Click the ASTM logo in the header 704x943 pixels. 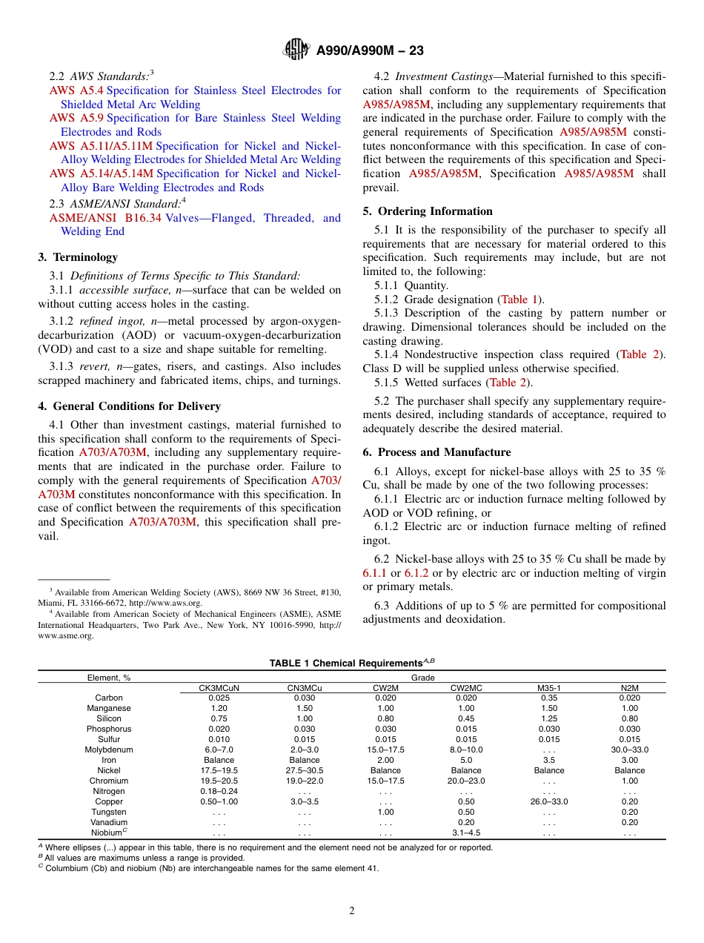[x=297, y=50]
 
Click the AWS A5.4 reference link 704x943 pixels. [x=76, y=90]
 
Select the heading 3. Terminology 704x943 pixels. [x=78, y=257]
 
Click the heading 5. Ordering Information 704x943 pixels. [x=428, y=211]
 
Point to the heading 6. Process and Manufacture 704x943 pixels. [x=436, y=452]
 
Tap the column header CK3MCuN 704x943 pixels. [x=219, y=688]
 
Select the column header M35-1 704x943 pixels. [x=549, y=688]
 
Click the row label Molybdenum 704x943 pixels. [x=109, y=750]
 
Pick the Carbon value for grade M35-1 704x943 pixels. [x=549, y=698]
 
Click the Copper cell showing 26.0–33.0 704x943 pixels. [x=549, y=801]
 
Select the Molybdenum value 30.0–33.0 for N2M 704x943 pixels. [x=630, y=750]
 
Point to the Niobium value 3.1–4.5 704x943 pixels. [x=466, y=833]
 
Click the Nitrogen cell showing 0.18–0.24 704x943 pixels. [x=219, y=791]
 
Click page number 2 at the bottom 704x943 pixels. [x=352, y=911]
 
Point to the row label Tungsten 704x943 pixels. [x=109, y=812]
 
